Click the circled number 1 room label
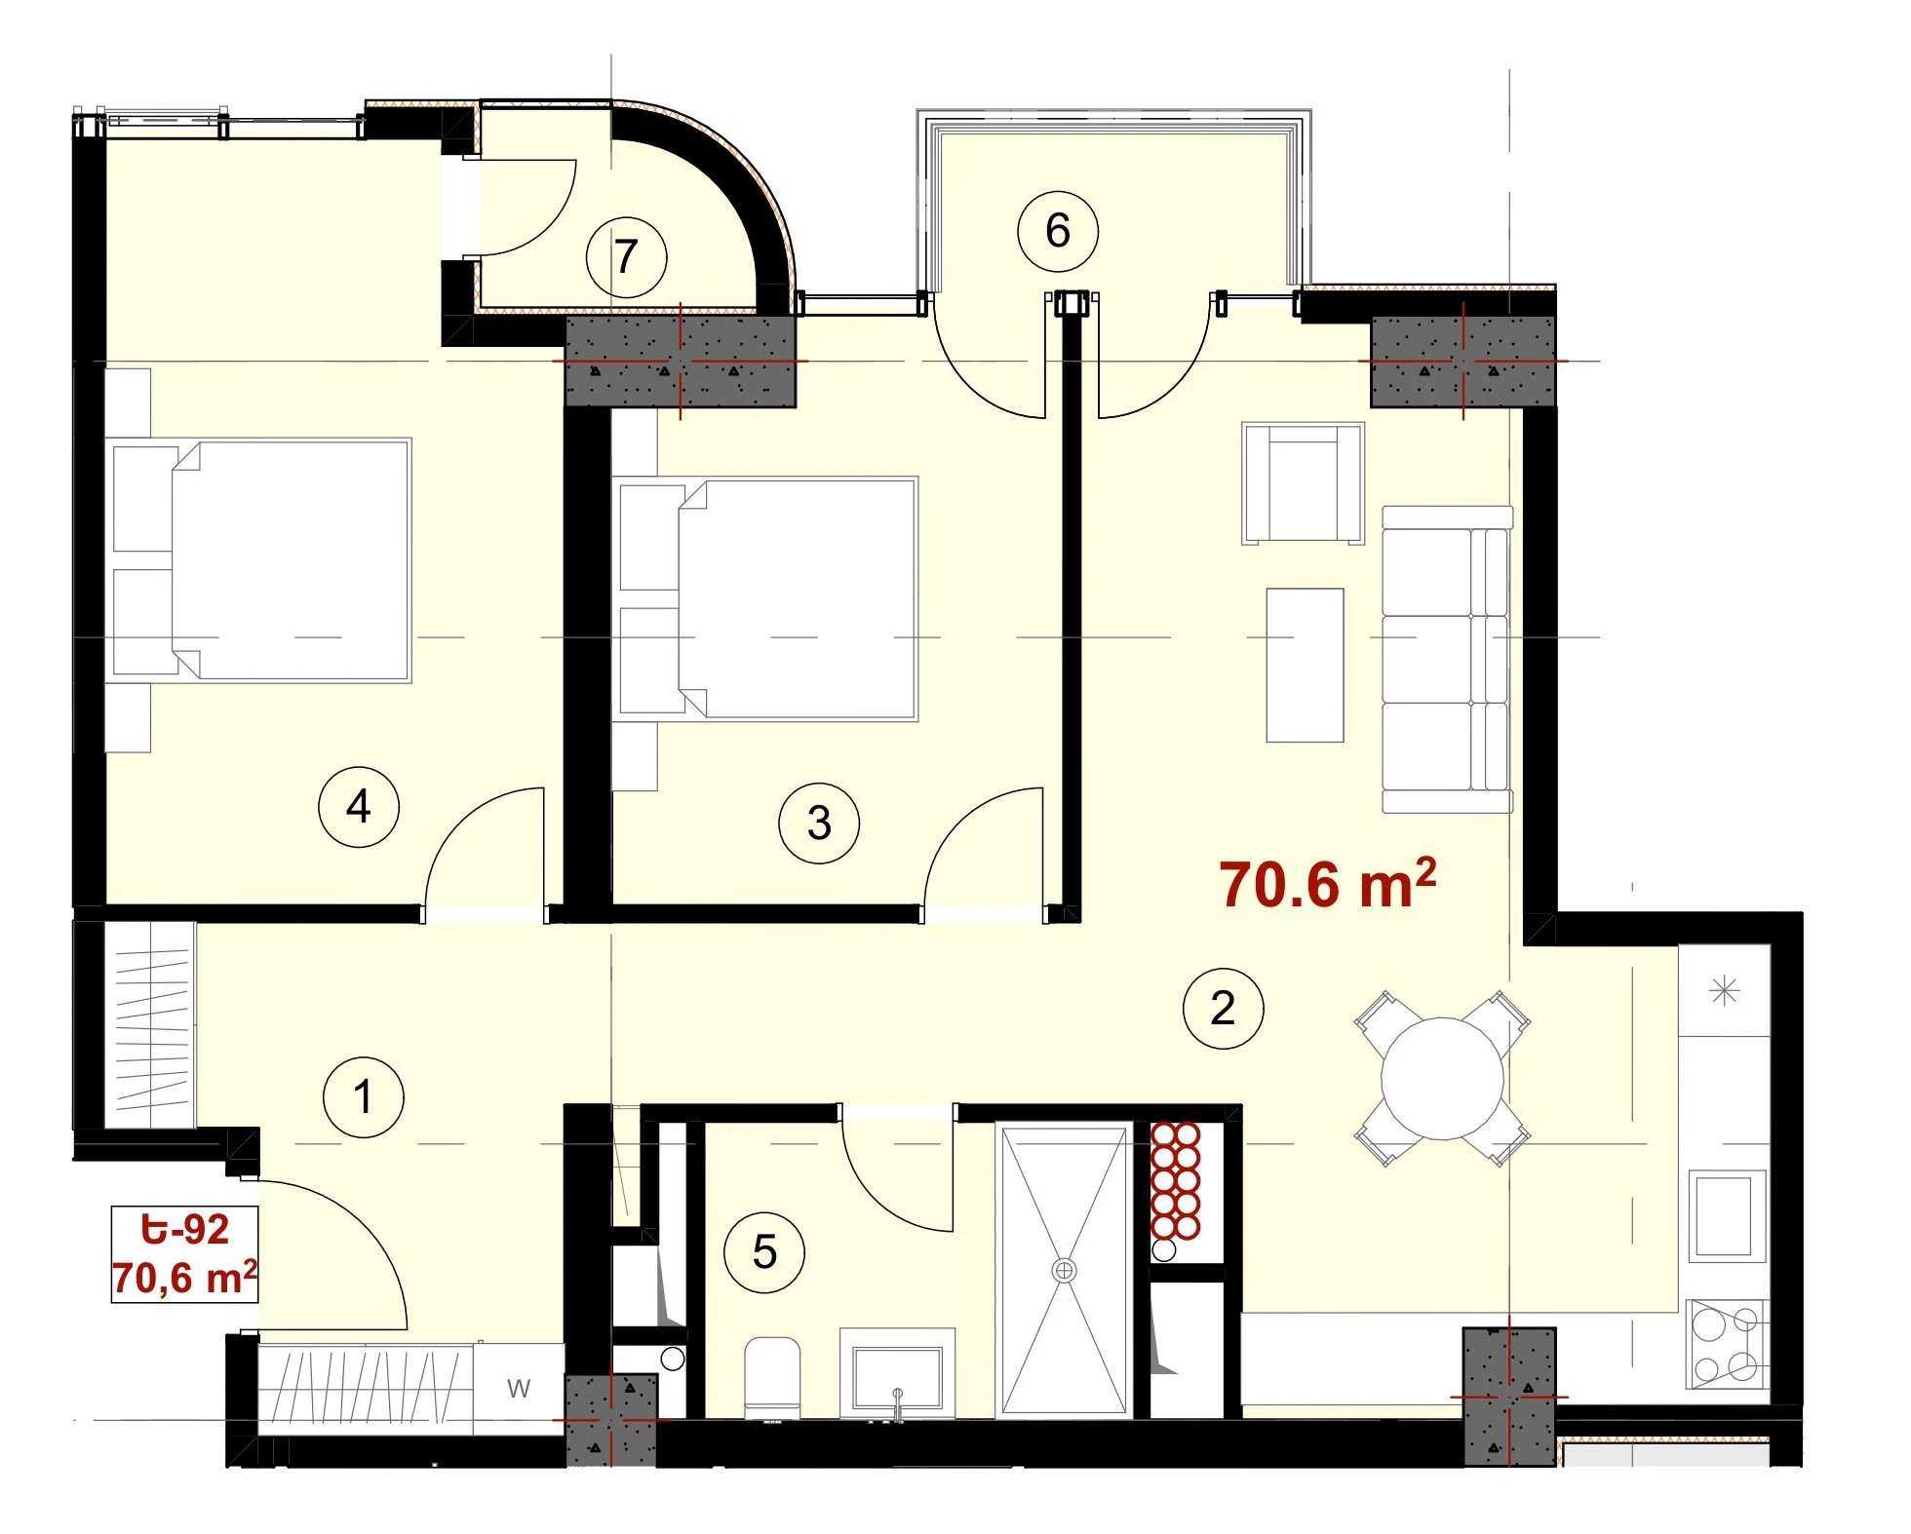tap(364, 1096)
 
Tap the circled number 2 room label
tap(1223, 1008)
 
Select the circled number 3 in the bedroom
tap(819, 824)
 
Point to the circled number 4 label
tap(359, 807)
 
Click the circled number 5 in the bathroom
tap(764, 1252)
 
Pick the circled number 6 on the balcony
tap(1058, 231)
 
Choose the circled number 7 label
tap(626, 257)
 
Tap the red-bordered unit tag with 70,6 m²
tap(184, 1254)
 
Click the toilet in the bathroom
tap(772, 1377)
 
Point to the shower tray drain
tap(1064, 1270)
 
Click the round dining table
tap(1442, 1079)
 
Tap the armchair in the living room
tap(1303, 483)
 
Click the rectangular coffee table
tap(1305, 665)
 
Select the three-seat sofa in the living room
tap(1447, 660)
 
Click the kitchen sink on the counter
tap(1727, 1216)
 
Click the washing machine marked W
tap(519, 1388)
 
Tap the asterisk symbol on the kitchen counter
tap(1725, 992)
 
